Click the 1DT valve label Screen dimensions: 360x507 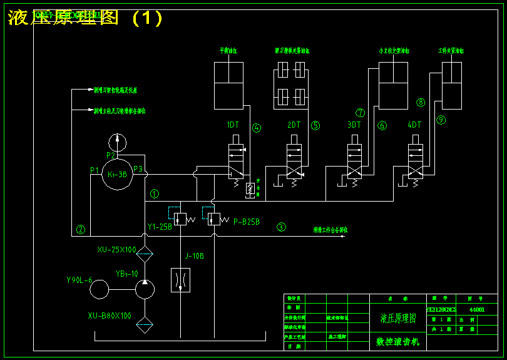coord(233,125)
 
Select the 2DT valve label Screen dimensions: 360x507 coord(294,125)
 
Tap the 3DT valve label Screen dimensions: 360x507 coord(354,125)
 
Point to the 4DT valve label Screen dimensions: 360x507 coord(414,125)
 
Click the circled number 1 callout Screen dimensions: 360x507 coord(155,194)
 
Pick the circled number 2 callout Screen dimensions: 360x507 coord(81,229)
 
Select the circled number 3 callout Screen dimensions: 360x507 coord(282,227)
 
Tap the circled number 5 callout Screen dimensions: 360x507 coord(315,125)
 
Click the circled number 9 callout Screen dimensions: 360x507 coord(441,119)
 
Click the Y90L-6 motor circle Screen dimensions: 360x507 coord(99,290)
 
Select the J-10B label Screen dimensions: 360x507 coord(194,255)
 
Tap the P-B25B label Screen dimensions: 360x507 coord(246,222)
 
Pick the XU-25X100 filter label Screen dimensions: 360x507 coord(116,250)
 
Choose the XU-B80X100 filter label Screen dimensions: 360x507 coord(110,316)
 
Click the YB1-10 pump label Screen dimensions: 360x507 coord(126,274)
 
